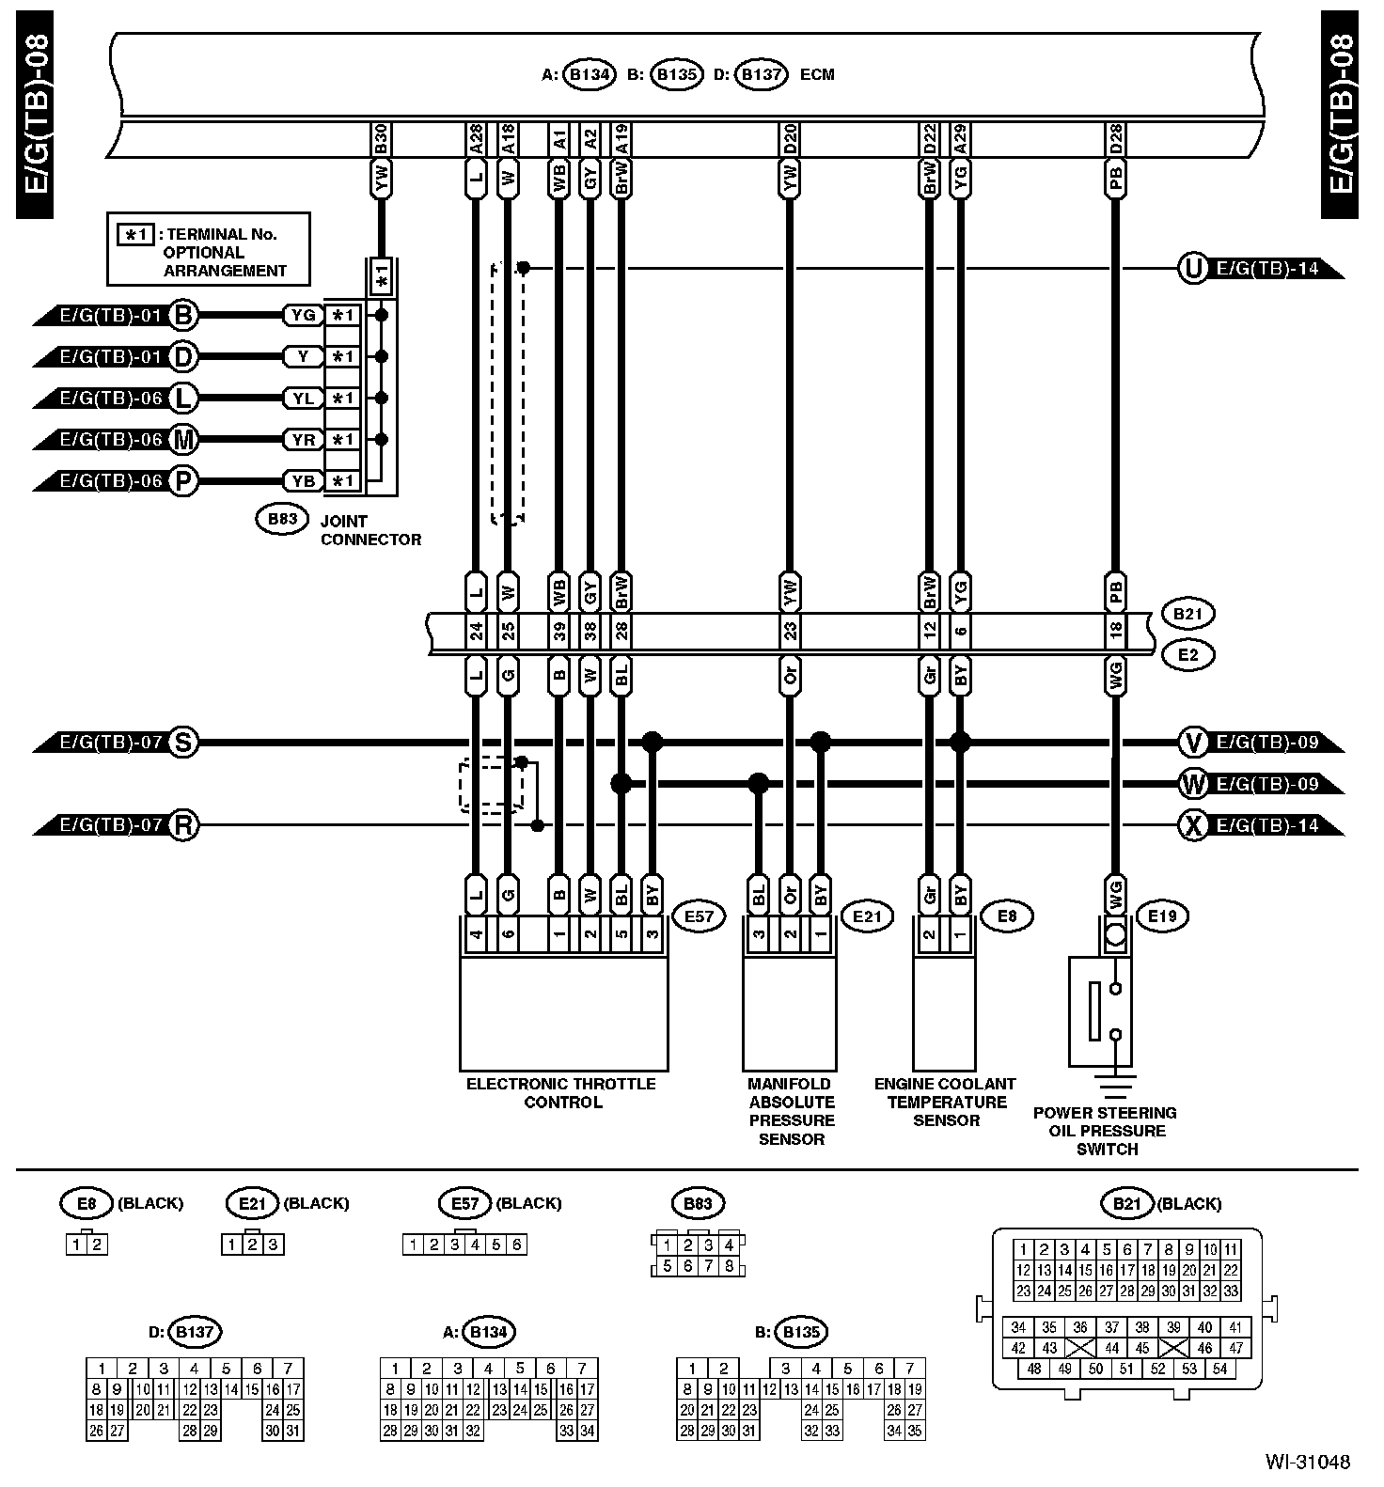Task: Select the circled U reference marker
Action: [1192, 269]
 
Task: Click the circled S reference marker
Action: [183, 743]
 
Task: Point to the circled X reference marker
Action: [1192, 826]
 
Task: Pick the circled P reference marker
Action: [183, 481]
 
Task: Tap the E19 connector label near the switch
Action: [1162, 916]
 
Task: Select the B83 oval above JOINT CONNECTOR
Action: [282, 518]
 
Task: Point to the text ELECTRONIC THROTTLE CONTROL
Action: [561, 1093]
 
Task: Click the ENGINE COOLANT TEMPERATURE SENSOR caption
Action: [945, 1102]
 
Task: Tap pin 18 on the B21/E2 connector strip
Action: [1115, 630]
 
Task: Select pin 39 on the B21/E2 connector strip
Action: [559, 630]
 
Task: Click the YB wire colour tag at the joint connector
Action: [303, 481]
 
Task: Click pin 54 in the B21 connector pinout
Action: [1219, 1369]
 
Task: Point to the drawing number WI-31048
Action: [1307, 1462]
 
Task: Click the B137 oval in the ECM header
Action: [761, 75]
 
